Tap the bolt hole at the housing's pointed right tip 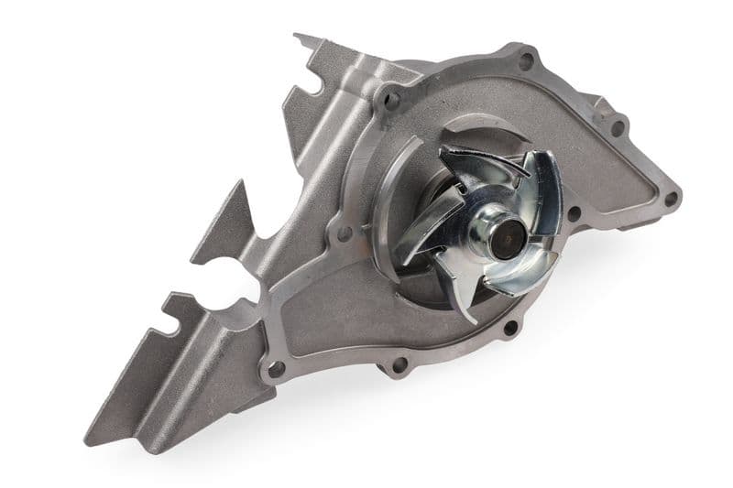pos(672,197)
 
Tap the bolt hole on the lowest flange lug pos(399,364)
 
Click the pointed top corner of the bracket pos(297,37)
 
